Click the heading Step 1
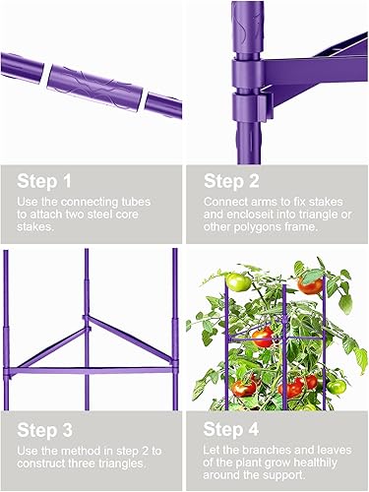[44, 180]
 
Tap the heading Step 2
[232, 180]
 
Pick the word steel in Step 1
[111, 215]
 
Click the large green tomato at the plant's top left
[238, 282]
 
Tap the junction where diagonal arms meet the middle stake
[88, 325]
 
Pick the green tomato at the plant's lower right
[338, 386]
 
